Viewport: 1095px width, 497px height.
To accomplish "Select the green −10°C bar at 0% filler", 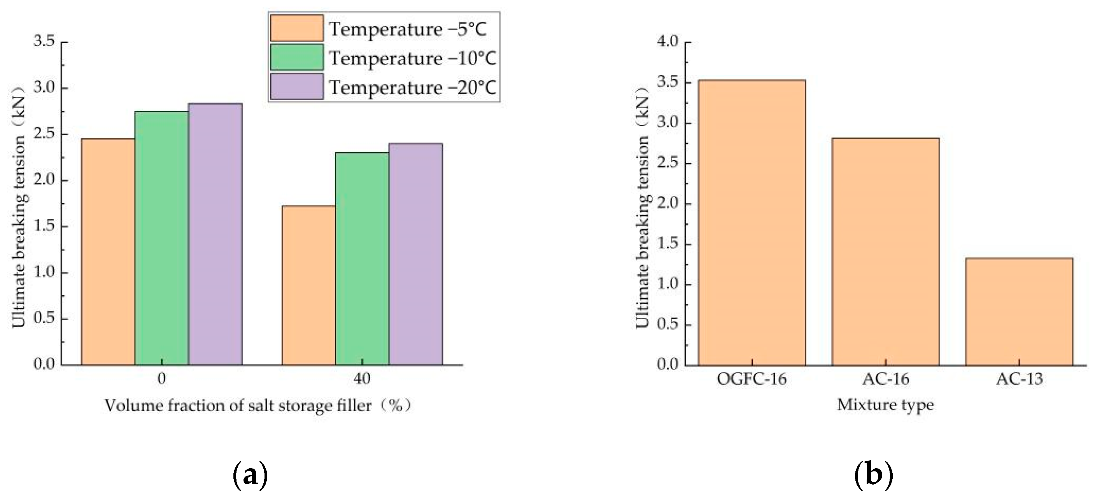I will [161, 238].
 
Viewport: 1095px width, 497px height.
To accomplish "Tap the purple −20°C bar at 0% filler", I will [215, 234].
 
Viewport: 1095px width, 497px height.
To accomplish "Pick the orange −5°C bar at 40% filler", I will [308, 286].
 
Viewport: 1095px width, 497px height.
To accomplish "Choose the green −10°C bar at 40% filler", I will [362, 259].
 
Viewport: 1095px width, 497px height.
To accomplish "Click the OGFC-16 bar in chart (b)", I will [752, 223].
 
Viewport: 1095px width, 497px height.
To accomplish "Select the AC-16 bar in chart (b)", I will [885, 251].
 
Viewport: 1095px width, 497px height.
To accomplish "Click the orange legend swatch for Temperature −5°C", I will [297, 28].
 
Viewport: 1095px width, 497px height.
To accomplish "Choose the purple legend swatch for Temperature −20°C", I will [297, 87].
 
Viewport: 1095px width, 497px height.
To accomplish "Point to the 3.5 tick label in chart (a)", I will [44, 41].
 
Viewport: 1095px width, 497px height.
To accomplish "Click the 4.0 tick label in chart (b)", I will [668, 41].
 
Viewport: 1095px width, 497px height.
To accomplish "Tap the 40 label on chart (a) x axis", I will [362, 378].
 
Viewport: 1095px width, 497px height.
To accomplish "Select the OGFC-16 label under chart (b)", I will [752, 378].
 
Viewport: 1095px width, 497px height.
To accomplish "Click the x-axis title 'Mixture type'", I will [885, 405].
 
